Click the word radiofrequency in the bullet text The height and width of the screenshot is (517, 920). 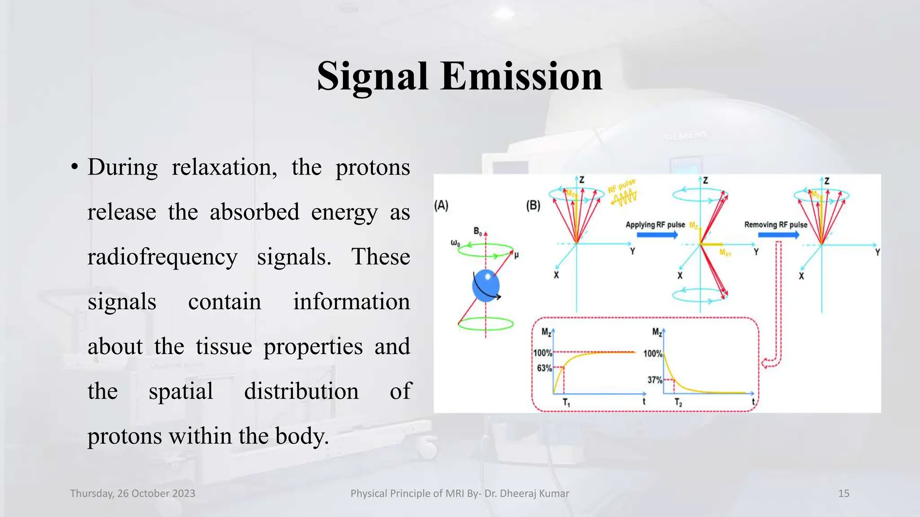[162, 257]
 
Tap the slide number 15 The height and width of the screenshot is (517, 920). [844, 493]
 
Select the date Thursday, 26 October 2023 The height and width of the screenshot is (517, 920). [133, 493]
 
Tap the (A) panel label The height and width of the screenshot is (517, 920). [441, 206]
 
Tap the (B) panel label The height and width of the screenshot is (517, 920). [533, 206]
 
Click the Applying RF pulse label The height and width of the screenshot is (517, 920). [655, 224]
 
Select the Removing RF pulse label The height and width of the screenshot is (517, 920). [775, 224]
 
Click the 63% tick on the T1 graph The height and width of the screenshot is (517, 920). [544, 368]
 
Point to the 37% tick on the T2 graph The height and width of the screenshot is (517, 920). [655, 380]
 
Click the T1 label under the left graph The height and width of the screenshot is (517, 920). [566, 403]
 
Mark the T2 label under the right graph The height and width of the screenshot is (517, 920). [678, 403]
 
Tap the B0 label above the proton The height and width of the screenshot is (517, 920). [478, 232]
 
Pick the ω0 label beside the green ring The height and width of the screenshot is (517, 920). [455, 243]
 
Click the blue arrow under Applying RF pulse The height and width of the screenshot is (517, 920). [657, 235]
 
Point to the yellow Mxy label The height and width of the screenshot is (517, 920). [725, 253]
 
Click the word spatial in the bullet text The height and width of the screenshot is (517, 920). [181, 391]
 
